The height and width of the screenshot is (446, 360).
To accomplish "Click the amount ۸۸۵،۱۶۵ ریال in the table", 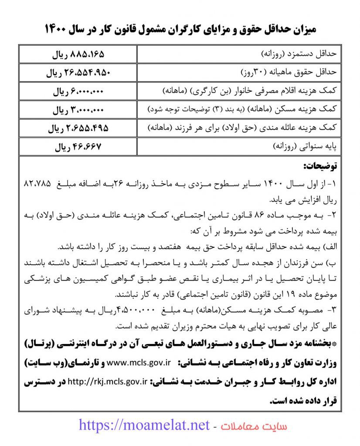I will (x=78, y=55).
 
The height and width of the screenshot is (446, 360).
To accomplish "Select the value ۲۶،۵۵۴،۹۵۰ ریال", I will (x=78, y=73).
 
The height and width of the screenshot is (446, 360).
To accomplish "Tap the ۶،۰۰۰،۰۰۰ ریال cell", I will (x=78, y=92).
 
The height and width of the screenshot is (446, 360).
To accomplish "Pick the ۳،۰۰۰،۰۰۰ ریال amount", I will (x=78, y=110).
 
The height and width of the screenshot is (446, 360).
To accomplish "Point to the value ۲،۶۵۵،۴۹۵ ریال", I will (x=78, y=128).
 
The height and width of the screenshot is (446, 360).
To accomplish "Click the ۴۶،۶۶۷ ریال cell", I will (x=78, y=147).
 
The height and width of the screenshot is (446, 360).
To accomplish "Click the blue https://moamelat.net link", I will (x=144, y=425).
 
